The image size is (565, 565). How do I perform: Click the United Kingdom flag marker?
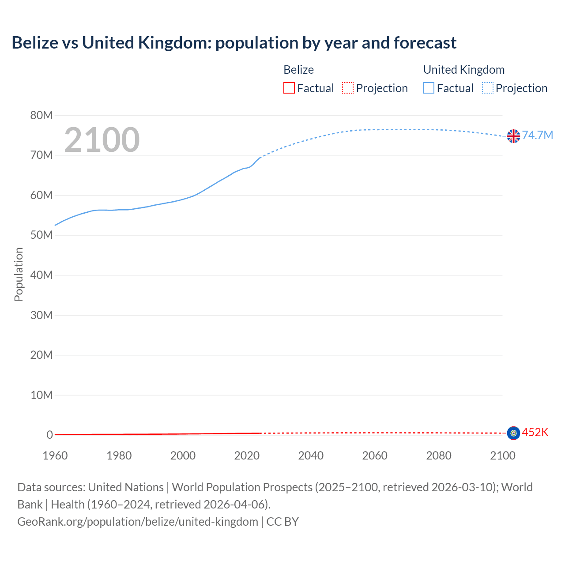(513, 136)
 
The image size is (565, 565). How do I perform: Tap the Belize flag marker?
(513, 433)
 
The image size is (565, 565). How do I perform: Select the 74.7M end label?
(537, 135)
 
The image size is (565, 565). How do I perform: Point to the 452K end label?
(535, 432)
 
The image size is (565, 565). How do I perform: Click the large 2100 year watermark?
(102, 140)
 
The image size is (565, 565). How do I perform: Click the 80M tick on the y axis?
(41, 116)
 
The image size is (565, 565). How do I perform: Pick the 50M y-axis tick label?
(41, 235)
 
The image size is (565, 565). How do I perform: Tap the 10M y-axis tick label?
(41, 395)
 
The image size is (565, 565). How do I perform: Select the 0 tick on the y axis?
(49, 435)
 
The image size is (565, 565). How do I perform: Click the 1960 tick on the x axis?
(55, 456)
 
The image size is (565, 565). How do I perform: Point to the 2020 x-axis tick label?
(247, 456)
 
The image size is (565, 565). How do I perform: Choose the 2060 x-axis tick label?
(375, 456)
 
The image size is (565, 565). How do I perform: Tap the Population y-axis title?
(19, 274)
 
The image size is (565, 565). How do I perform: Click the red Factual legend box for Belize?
(289, 88)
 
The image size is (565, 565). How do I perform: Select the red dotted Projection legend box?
(348, 88)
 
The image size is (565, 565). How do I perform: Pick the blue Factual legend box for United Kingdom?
(429, 88)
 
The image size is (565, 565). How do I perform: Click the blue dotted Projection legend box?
(488, 88)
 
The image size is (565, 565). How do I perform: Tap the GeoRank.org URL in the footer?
(138, 522)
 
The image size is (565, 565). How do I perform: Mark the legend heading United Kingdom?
(463, 70)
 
